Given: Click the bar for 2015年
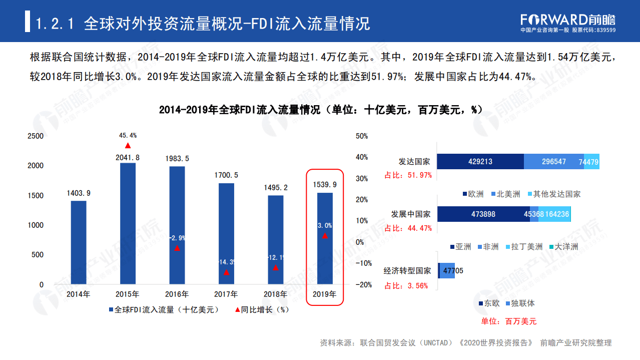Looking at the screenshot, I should coord(128,223).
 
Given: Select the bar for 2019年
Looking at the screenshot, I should coord(325,238).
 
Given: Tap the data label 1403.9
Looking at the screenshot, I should coord(79,193).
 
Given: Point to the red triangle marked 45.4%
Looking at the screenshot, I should coord(128,145).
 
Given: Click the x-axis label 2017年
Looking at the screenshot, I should coord(226,294).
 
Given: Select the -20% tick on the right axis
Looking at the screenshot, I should coord(363,284).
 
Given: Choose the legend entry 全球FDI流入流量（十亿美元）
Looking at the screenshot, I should coord(164,310).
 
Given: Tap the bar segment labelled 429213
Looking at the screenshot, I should coord(480,162).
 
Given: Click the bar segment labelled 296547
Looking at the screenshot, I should coord(554,162).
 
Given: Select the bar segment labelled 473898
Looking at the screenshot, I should coord(483,214).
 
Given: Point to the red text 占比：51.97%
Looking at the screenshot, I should coord(408,175).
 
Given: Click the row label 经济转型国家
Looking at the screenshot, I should coord(407,270).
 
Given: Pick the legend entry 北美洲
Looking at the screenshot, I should coord(506,194).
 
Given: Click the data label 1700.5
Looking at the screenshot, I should coord(226,175).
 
